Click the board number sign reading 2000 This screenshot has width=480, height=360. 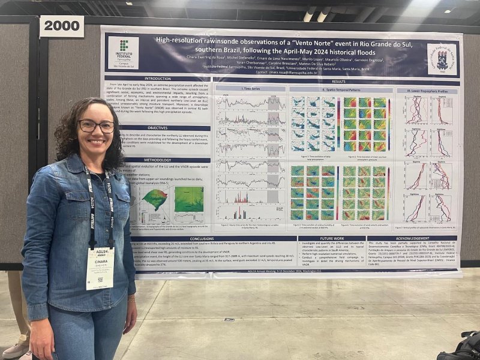click(62, 26)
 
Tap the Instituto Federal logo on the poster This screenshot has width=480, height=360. click(123, 53)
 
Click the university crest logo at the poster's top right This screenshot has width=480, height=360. click(442, 59)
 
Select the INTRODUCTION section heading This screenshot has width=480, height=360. click(158, 79)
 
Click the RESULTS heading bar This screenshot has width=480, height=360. click(338, 82)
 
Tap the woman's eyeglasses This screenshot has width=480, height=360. click(96, 126)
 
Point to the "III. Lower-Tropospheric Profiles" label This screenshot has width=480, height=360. click(427, 91)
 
